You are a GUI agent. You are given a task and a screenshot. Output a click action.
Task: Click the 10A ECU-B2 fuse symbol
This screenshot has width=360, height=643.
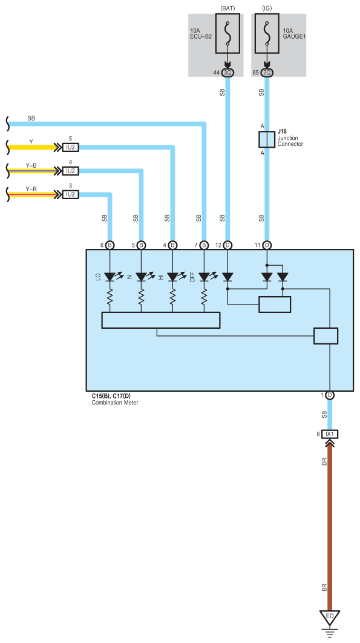pos(228,33)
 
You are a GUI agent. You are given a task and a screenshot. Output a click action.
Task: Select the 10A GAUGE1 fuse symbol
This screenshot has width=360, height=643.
pos(267,33)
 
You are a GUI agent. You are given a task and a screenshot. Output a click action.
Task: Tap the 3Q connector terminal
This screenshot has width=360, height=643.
pos(228,73)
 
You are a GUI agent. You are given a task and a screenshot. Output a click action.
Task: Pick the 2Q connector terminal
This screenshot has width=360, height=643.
pos(267,73)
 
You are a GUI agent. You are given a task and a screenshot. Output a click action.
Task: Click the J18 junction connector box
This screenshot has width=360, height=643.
pos(267,139)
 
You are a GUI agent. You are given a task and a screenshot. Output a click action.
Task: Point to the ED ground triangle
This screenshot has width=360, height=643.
pos(330,618)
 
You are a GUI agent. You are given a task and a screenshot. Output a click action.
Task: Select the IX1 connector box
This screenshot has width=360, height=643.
pos(330,434)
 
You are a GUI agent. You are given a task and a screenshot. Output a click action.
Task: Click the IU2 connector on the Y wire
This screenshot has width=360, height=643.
pos(71,147)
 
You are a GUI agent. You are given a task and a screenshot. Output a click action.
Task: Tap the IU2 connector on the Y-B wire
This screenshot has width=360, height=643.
pos(71,171)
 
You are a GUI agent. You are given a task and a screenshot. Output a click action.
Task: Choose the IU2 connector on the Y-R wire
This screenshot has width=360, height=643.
pos(71,194)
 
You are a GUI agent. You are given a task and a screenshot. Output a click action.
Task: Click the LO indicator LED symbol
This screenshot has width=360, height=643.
pos(110,277)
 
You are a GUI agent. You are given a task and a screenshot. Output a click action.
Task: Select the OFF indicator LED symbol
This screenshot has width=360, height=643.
pos(204,277)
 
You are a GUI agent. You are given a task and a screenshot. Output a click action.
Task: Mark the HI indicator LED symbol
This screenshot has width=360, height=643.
pos(172,277)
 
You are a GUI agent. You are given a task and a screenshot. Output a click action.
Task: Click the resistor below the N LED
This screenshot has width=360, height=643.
pos(141,297)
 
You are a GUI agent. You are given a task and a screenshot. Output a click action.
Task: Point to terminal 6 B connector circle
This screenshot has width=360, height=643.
pos(110,245)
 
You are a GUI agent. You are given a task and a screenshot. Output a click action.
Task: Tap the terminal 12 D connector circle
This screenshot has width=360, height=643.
pos(228,245)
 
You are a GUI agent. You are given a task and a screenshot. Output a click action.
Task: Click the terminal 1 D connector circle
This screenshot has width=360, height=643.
pos(330,395)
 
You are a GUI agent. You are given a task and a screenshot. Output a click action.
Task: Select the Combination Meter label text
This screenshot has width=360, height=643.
pos(115,403)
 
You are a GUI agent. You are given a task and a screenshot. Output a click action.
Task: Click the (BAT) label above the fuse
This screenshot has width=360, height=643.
pos(228,8)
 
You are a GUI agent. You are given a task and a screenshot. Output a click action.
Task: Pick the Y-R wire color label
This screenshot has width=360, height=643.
pos(31,189)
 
